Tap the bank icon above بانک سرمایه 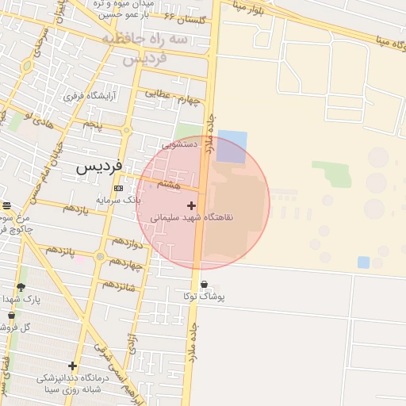(x=118, y=188)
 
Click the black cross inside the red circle (x=191, y=205)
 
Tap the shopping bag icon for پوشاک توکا (x=204, y=285)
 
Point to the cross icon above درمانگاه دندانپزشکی (x=73, y=366)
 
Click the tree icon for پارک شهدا (x=21, y=286)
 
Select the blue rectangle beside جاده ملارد (x=232, y=147)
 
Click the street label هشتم (x=168, y=183)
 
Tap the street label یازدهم (x=75, y=208)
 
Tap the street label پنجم (x=94, y=124)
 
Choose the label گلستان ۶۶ (x=183, y=16)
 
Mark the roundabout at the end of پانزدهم (x=99, y=256)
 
